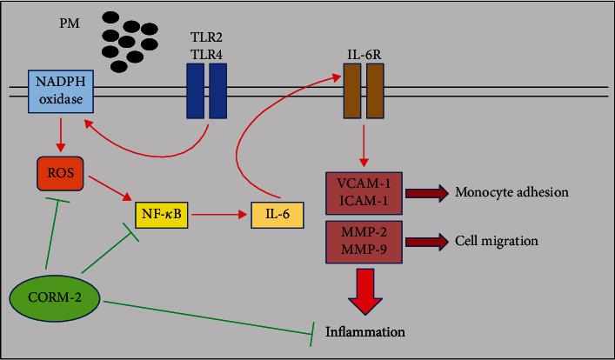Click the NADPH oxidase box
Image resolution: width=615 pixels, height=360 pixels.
(62, 90)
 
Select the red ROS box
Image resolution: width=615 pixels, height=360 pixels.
(59, 173)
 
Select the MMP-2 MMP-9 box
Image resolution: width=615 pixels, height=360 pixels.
(363, 239)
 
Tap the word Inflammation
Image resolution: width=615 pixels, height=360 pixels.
(364, 332)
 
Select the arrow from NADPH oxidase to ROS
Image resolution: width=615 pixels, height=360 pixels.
(59, 132)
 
